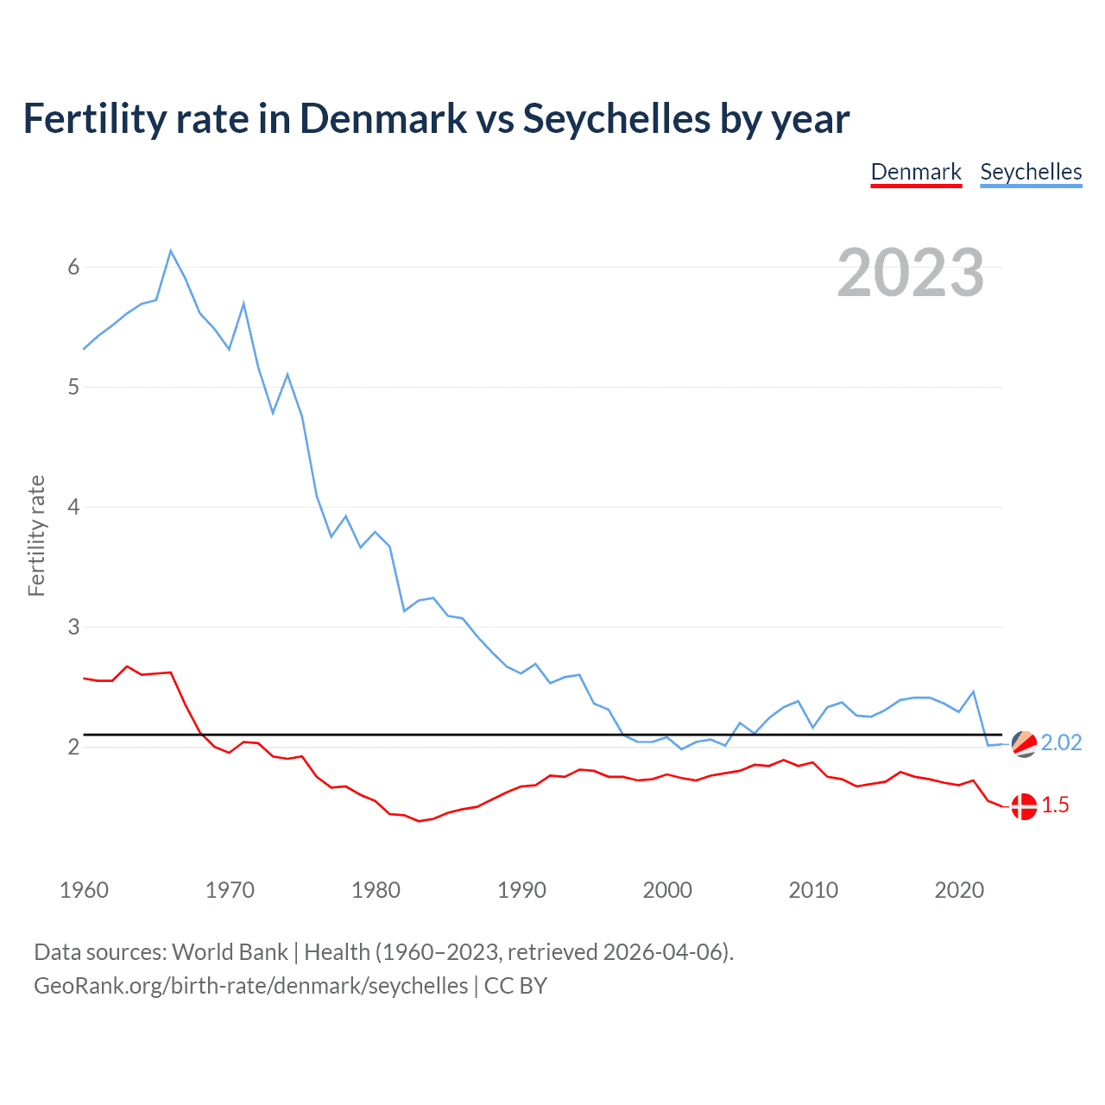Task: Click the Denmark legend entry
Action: click(x=916, y=172)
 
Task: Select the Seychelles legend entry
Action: click(x=1031, y=172)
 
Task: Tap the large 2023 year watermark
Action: click(x=910, y=273)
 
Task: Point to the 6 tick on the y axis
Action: click(x=73, y=267)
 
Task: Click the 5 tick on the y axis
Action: click(x=73, y=387)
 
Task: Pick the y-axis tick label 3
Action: click(x=73, y=627)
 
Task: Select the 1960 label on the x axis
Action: click(x=84, y=890)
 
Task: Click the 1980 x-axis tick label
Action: click(x=376, y=890)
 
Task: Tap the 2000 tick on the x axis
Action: click(x=667, y=890)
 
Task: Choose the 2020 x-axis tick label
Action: click(x=959, y=890)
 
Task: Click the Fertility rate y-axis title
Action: click(x=36, y=535)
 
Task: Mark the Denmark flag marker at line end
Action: click(x=1024, y=806)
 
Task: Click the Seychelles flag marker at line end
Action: click(x=1024, y=743)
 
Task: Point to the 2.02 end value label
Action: click(x=1061, y=743)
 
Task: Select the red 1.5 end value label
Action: click(x=1055, y=805)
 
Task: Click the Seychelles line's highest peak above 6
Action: click(x=171, y=251)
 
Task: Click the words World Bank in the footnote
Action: click(x=230, y=952)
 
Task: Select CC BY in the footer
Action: click(x=515, y=986)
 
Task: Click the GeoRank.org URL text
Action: click(x=250, y=986)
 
